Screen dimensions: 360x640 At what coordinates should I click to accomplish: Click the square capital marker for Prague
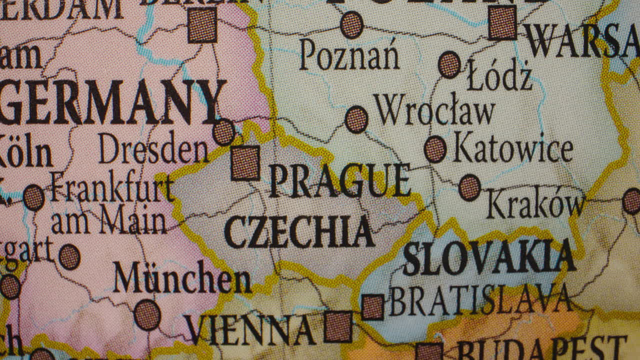[x=245, y=163]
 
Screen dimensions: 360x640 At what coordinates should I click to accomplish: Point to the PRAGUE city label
[x=339, y=180]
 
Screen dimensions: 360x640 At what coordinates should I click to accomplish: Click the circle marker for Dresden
[x=223, y=132]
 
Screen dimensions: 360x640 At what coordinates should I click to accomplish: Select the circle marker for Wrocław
[x=356, y=119]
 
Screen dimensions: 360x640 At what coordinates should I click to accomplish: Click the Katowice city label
[x=512, y=149]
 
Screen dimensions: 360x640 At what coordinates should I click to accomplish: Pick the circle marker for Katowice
[x=435, y=149]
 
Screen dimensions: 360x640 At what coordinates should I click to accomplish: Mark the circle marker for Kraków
[x=469, y=188]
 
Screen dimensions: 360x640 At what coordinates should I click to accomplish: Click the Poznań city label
[x=349, y=55]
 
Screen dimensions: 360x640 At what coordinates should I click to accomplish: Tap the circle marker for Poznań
[x=352, y=25]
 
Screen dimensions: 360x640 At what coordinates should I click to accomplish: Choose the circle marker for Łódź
[x=449, y=64]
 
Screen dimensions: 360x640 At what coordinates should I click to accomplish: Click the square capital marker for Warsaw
[x=502, y=23]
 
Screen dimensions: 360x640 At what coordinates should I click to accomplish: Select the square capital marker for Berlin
[x=202, y=25]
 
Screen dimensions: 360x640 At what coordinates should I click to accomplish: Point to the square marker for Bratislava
[x=372, y=307]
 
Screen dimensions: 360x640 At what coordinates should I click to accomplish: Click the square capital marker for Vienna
[x=338, y=326]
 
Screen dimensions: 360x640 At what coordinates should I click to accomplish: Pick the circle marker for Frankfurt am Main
[x=33, y=197]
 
